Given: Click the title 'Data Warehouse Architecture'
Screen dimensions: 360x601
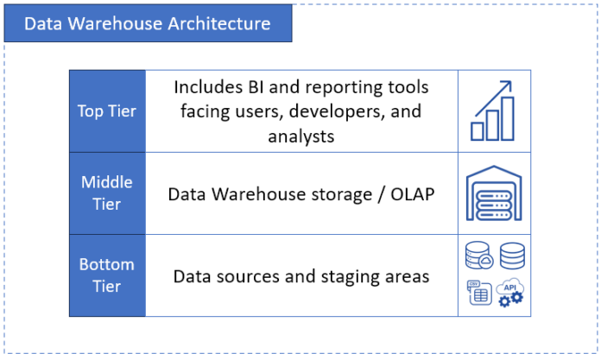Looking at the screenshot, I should click(x=147, y=23).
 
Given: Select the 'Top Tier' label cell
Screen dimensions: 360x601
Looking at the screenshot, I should click(x=107, y=111).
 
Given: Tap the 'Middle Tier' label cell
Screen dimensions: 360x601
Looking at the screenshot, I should click(x=107, y=193).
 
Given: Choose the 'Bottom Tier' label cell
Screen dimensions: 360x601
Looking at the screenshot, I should click(x=107, y=275).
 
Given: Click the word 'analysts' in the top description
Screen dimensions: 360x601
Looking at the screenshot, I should click(x=300, y=136).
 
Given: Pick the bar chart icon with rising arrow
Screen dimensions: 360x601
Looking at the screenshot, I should click(x=492, y=111).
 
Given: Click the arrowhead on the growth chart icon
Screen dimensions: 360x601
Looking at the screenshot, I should click(x=507, y=85).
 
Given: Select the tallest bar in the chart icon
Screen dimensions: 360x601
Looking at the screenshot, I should click(x=508, y=118).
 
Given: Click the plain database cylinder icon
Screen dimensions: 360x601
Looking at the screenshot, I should click(x=511, y=256).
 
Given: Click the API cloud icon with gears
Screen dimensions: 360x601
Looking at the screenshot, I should click(x=509, y=294).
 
